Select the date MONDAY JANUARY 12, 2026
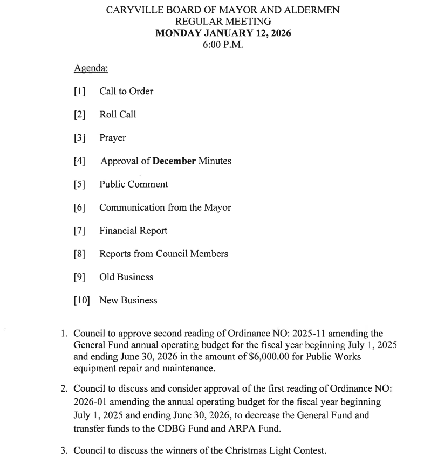pos(223,33)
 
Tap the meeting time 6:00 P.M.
pos(223,45)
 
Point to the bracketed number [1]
pos(80,92)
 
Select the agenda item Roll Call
pos(118,115)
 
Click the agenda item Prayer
pos(112,138)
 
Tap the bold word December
pos(174,161)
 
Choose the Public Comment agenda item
pos(133,184)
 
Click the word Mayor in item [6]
pos(217,207)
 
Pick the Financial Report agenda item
pos(133,231)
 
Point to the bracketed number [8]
pos(80,254)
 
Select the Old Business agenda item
pos(126,277)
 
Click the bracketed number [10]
pos(82,300)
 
